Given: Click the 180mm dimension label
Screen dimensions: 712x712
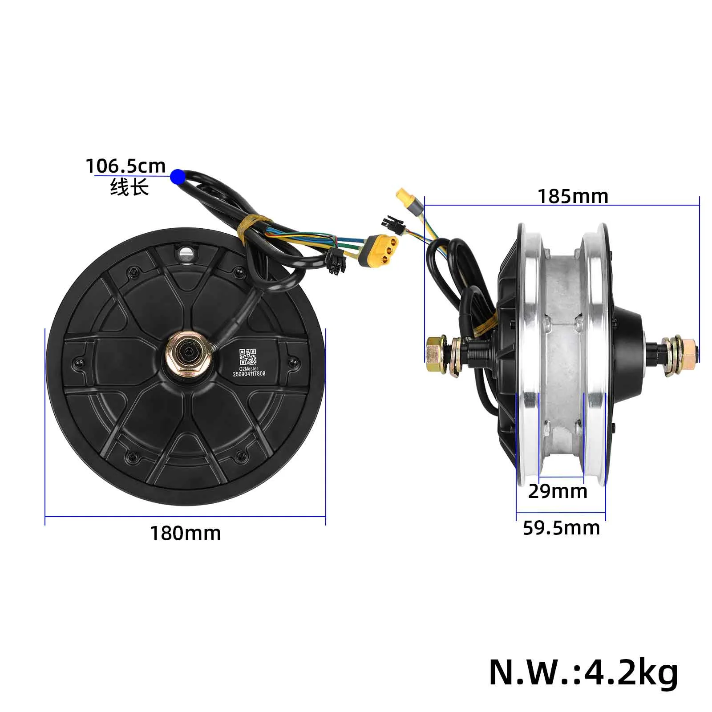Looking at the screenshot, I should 185,533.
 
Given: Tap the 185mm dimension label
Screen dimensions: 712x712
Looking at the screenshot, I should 573,196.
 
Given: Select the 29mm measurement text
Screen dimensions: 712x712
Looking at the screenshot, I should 558,491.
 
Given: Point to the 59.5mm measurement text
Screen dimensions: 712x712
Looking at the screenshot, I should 561,528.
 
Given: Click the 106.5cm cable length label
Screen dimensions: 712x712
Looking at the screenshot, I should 125,166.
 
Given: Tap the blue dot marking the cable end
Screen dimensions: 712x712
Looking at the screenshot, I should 178,177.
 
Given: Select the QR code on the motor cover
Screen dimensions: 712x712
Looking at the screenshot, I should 248,357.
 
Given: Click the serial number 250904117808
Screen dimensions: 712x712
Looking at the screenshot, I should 249,374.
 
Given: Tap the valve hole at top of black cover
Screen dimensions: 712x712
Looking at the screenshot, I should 186,254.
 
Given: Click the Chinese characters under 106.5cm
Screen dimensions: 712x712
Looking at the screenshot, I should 129,187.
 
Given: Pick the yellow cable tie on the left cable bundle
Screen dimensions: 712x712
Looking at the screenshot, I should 249,226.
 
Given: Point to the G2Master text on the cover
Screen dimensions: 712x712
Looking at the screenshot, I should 248,368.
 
